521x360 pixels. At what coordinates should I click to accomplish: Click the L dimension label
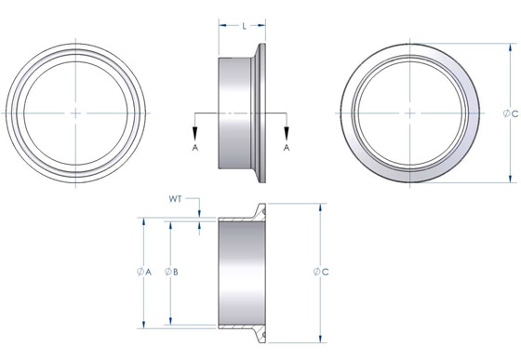click(x=243, y=26)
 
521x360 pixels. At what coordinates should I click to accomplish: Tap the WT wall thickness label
click(x=175, y=198)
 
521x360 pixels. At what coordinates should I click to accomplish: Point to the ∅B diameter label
click(x=170, y=272)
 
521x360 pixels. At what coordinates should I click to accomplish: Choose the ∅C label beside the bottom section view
click(x=319, y=272)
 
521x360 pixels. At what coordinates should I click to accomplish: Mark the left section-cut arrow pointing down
click(x=195, y=128)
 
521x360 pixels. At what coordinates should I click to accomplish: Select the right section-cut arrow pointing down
click(x=287, y=128)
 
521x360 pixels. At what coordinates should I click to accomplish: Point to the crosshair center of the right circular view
click(x=410, y=113)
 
